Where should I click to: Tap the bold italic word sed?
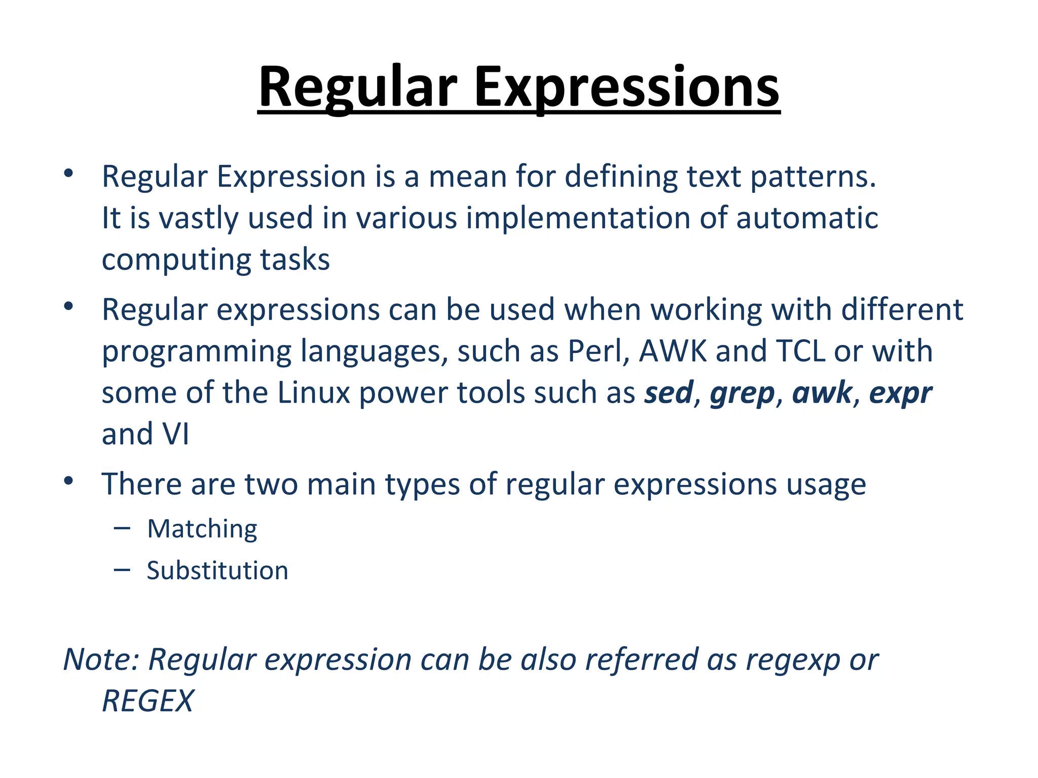[x=669, y=393]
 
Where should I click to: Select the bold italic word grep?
[x=742, y=394]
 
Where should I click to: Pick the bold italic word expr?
[x=900, y=394]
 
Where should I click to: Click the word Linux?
[x=314, y=393]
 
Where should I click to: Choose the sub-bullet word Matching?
[x=202, y=529]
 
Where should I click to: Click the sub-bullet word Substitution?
[x=217, y=570]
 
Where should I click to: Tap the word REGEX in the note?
[x=147, y=701]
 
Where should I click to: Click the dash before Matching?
[x=122, y=529]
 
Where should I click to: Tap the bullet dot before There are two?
[x=69, y=480]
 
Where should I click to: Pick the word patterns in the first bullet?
[x=812, y=177]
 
